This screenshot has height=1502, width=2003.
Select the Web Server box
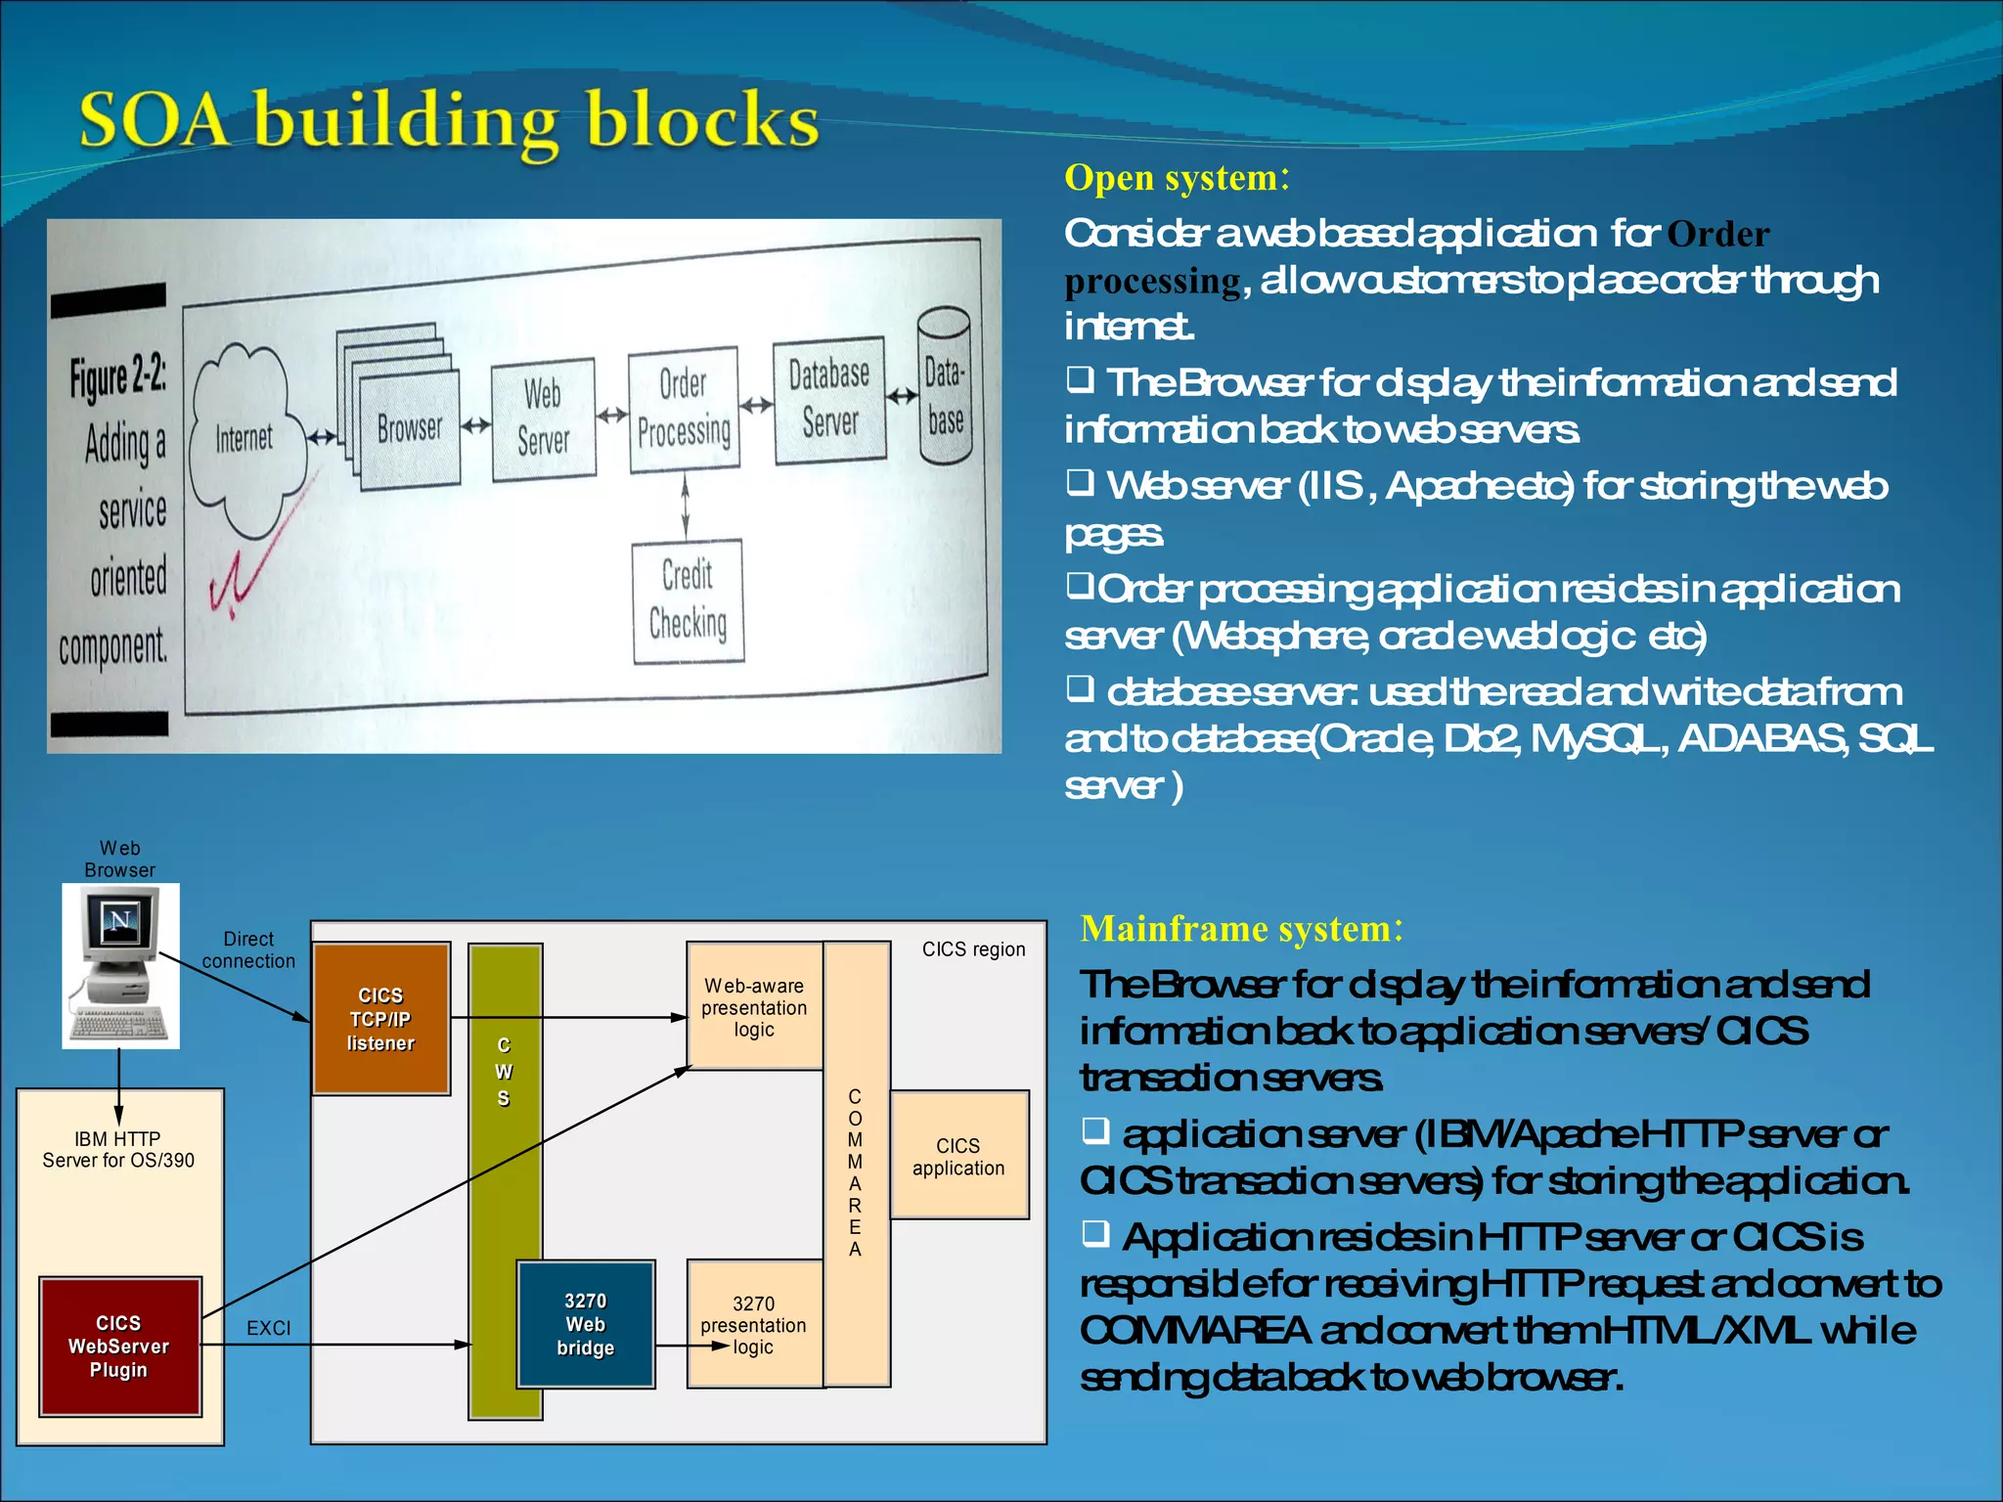coord(544,419)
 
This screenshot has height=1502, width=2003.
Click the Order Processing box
coord(684,409)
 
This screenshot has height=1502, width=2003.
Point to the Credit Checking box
coord(688,600)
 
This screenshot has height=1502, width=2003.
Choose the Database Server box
coord(829,400)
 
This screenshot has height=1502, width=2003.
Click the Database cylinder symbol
coord(945,386)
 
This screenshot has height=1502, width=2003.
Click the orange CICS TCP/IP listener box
coord(381,1018)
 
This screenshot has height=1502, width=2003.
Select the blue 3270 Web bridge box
coord(585,1324)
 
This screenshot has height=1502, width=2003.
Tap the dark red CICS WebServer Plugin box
coord(119,1346)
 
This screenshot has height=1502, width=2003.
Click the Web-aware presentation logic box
coord(754,1006)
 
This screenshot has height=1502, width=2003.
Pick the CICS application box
coord(958,1156)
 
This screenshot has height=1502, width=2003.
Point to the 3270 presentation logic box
coord(754,1324)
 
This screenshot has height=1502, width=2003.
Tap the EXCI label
coord(268,1328)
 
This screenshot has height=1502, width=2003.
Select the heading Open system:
coord(1177,178)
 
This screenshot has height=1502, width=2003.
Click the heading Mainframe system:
coord(1241,928)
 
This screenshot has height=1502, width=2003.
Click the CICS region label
coord(973,950)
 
